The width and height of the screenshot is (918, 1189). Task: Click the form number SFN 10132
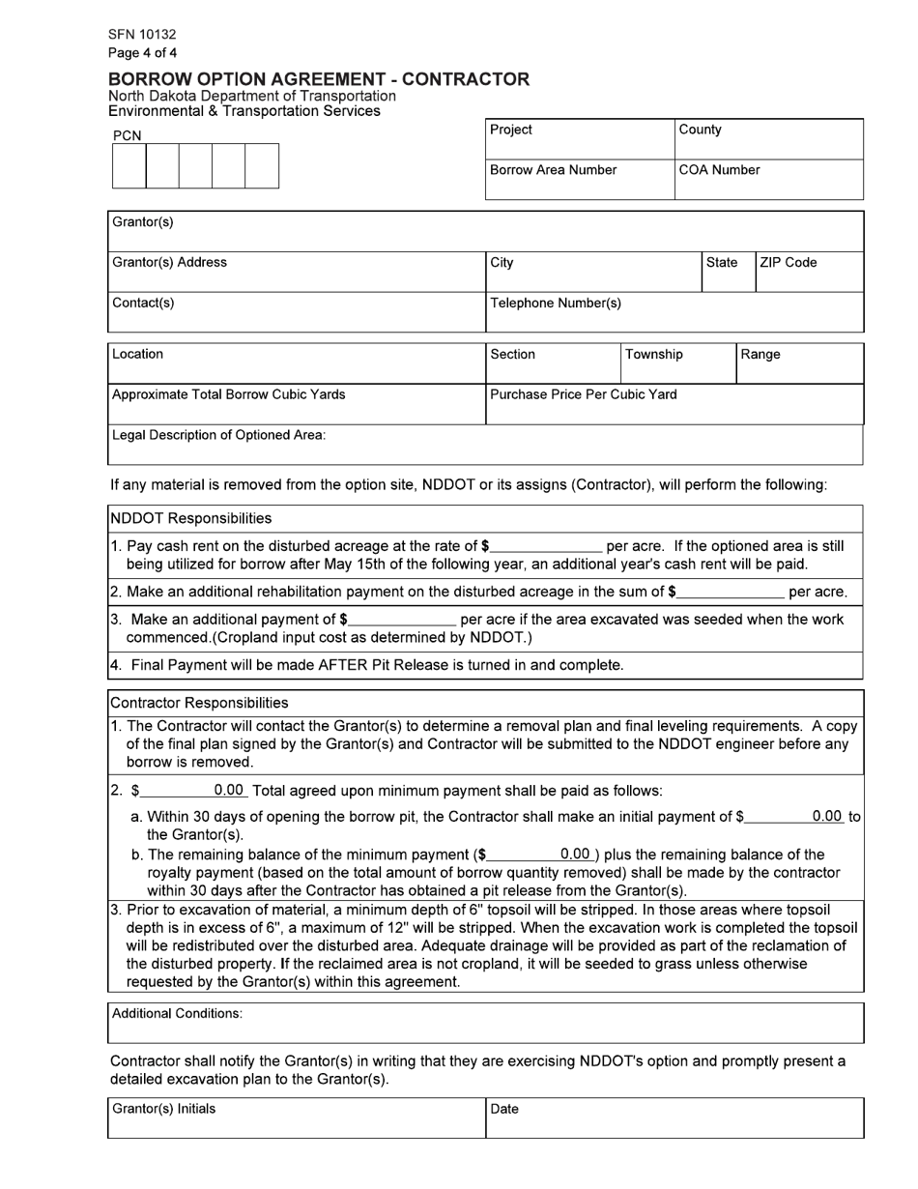click(142, 35)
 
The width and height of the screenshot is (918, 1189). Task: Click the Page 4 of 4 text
click(142, 53)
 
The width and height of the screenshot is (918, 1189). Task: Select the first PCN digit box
click(129, 166)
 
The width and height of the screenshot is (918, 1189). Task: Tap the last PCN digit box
click(262, 166)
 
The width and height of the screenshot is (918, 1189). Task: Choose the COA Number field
click(768, 180)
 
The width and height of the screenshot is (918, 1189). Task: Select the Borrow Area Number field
click(579, 180)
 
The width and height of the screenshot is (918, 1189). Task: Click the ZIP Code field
click(809, 272)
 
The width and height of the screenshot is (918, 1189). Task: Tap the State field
click(728, 272)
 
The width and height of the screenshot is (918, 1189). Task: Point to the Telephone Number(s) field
click(674, 312)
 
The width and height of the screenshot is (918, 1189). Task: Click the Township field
click(677, 363)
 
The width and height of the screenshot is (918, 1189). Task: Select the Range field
click(799, 363)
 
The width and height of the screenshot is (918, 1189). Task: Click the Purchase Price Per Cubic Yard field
click(674, 404)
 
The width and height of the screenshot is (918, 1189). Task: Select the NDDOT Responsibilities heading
click(191, 519)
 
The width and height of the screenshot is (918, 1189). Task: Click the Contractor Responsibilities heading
click(199, 703)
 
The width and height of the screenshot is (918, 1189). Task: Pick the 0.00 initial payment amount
click(826, 817)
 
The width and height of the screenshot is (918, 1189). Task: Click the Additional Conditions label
click(178, 1014)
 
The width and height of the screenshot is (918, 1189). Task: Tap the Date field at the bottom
click(674, 1119)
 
